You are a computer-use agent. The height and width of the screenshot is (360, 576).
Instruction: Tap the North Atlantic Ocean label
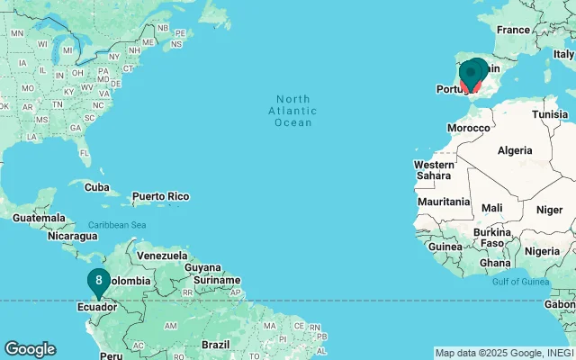point(293,111)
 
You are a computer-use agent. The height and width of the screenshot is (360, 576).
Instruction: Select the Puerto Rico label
point(160,196)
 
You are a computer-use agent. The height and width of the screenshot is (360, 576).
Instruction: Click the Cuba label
point(95,186)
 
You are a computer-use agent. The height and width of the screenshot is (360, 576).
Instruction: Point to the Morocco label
point(469,128)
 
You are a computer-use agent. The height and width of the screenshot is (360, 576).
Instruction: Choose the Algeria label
point(515,149)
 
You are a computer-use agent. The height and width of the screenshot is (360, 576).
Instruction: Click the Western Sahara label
point(435,171)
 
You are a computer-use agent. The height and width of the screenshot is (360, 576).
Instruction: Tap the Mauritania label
point(444,202)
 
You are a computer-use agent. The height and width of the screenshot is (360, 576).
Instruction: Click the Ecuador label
point(96,307)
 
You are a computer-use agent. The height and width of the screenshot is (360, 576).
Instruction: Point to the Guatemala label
point(39,218)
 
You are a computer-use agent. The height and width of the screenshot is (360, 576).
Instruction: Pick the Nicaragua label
point(73,236)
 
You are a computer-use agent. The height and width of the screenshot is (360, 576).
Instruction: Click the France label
point(514,30)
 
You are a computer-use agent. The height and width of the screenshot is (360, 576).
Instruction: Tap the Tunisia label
point(550,114)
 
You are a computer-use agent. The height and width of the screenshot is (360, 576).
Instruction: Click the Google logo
point(31,349)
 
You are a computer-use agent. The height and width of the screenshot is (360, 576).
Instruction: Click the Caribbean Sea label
point(117,224)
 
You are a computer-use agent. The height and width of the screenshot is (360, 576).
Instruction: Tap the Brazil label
point(216,345)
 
